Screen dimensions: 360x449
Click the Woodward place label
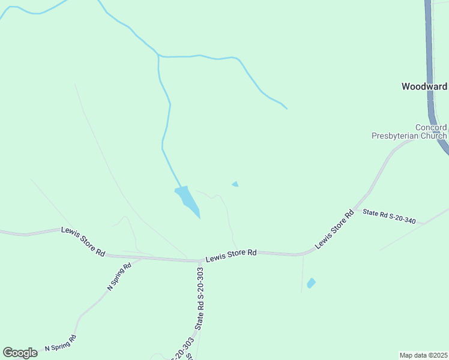pyautogui.click(x=424, y=86)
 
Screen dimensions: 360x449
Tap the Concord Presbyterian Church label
pyautogui.click(x=409, y=132)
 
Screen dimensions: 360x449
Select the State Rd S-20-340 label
pyautogui.click(x=389, y=216)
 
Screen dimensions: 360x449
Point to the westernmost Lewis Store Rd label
pyautogui.click(x=83, y=241)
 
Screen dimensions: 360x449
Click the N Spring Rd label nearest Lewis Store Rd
pyautogui.click(x=119, y=277)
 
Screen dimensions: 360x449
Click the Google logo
pyautogui.click(x=20, y=353)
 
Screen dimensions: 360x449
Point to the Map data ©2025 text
pyautogui.click(x=423, y=355)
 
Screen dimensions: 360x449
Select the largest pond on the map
pyautogui.click(x=188, y=201)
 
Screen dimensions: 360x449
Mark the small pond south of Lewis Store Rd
pyautogui.click(x=311, y=283)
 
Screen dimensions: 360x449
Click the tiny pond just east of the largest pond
pyautogui.click(x=235, y=184)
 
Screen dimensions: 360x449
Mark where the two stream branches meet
pyautogui.click(x=158, y=56)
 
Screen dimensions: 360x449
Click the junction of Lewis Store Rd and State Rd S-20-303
pyautogui.click(x=200, y=261)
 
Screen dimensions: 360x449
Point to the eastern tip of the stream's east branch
pyautogui.click(x=287, y=109)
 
